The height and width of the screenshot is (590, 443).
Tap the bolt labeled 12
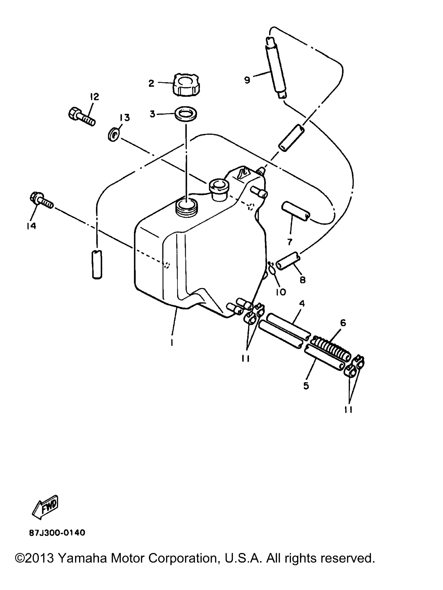[x=82, y=116]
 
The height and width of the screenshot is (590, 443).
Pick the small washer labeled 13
[x=113, y=135]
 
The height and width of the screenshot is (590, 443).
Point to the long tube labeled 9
[x=276, y=68]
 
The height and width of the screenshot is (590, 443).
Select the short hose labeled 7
[x=296, y=211]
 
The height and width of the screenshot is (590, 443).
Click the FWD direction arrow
[x=45, y=508]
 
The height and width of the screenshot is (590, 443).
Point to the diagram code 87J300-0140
[x=57, y=533]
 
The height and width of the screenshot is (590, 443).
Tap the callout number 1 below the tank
[x=172, y=342]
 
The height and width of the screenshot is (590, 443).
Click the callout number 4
[x=302, y=303]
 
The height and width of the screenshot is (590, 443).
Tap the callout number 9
[x=247, y=80]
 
